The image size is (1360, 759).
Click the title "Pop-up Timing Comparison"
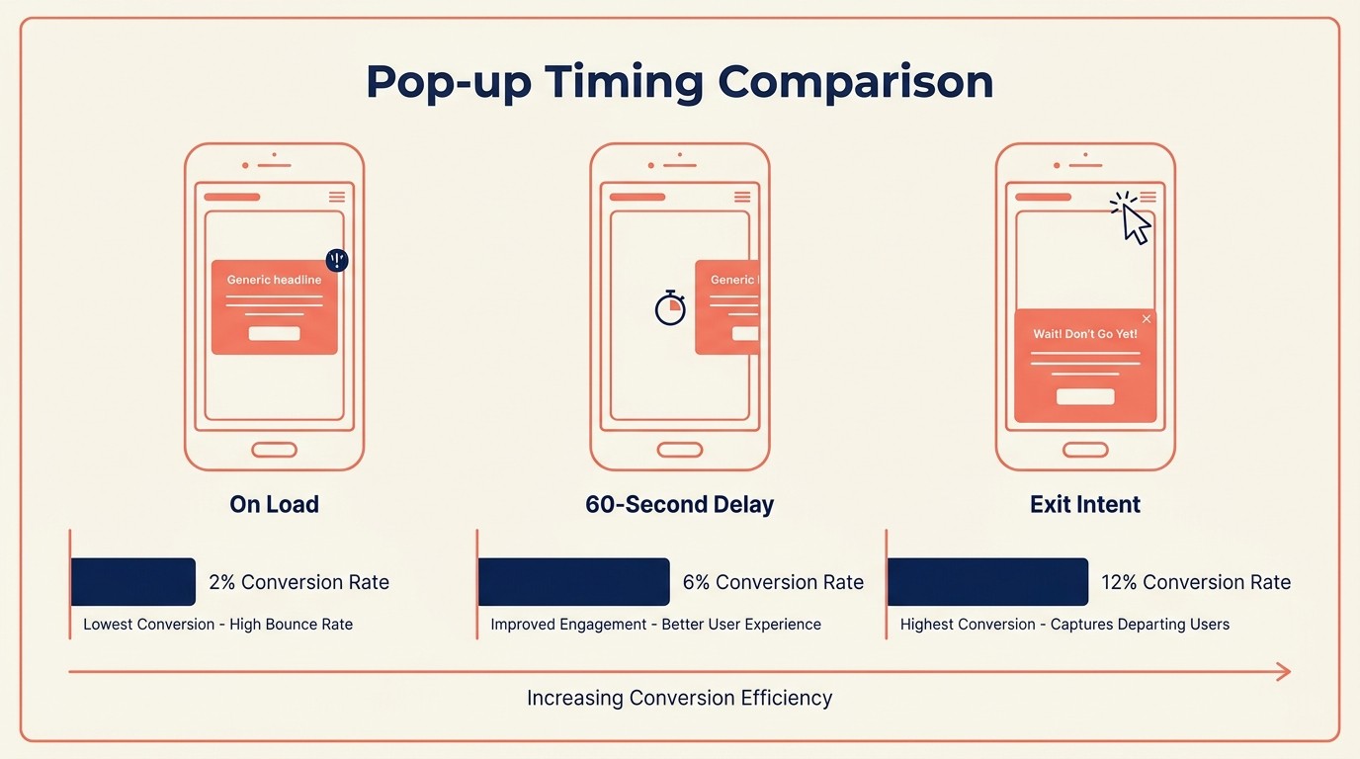point(679,82)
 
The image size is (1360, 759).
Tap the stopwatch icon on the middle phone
point(670,308)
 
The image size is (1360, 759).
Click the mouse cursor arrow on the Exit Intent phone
point(1136,223)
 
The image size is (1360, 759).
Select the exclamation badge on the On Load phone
point(337,260)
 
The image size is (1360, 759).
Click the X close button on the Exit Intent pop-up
point(1147,319)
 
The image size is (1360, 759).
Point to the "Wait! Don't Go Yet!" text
point(1085,334)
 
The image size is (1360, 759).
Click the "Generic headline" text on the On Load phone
point(274,280)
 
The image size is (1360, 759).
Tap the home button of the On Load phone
point(274,450)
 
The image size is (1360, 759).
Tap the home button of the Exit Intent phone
point(1085,450)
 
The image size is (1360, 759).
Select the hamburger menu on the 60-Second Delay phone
point(742,197)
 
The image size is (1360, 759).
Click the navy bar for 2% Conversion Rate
point(133,582)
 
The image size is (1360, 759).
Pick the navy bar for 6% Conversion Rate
point(573,582)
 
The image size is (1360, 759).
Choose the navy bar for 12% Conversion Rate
point(987,582)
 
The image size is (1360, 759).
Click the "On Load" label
point(274,504)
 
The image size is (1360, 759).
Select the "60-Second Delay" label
point(679,504)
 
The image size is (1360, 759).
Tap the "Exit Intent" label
point(1085,504)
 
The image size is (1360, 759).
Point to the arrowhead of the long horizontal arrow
point(1284,672)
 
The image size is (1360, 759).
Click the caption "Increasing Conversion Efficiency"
point(679,698)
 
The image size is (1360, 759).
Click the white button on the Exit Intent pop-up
point(1085,396)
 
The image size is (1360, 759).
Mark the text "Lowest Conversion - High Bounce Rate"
point(217,625)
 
